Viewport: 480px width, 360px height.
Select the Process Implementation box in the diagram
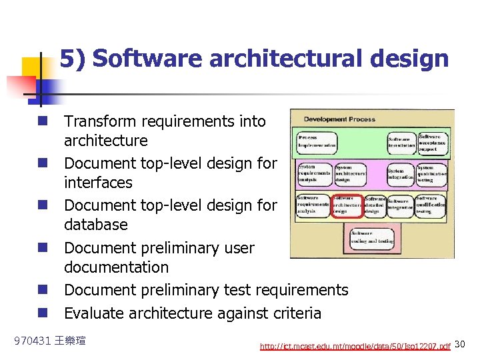(x=317, y=140)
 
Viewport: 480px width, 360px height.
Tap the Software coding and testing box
(x=371, y=237)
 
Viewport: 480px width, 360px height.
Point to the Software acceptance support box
(x=433, y=141)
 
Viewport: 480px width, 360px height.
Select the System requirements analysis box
(x=314, y=175)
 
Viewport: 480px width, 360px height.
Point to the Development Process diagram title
(x=339, y=119)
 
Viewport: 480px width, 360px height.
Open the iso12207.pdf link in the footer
(x=355, y=346)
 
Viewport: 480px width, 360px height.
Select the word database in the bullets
(x=91, y=225)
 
